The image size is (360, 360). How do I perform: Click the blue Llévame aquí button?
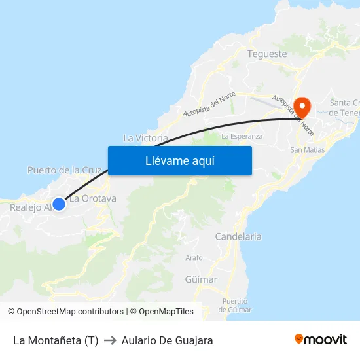[x=179, y=160]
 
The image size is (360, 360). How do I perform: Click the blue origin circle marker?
[x=58, y=204]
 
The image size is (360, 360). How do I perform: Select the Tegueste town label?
[x=267, y=54]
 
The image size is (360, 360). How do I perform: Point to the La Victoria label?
[x=145, y=138]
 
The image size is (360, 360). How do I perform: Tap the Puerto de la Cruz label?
[x=64, y=170]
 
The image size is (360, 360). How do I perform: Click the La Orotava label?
[x=93, y=198]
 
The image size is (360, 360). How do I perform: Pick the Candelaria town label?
[x=238, y=236]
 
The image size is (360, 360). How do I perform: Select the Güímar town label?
[x=201, y=279]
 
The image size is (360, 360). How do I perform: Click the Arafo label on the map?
[x=194, y=258]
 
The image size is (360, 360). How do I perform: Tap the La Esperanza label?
[x=242, y=136]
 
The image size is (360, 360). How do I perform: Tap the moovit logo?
[x=321, y=340]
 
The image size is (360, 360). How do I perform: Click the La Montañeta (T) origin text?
[x=56, y=340]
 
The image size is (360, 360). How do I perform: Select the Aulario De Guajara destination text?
[x=167, y=340]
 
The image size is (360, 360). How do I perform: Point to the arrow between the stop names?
[x=110, y=340]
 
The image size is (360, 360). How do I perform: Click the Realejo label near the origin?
[x=30, y=207]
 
